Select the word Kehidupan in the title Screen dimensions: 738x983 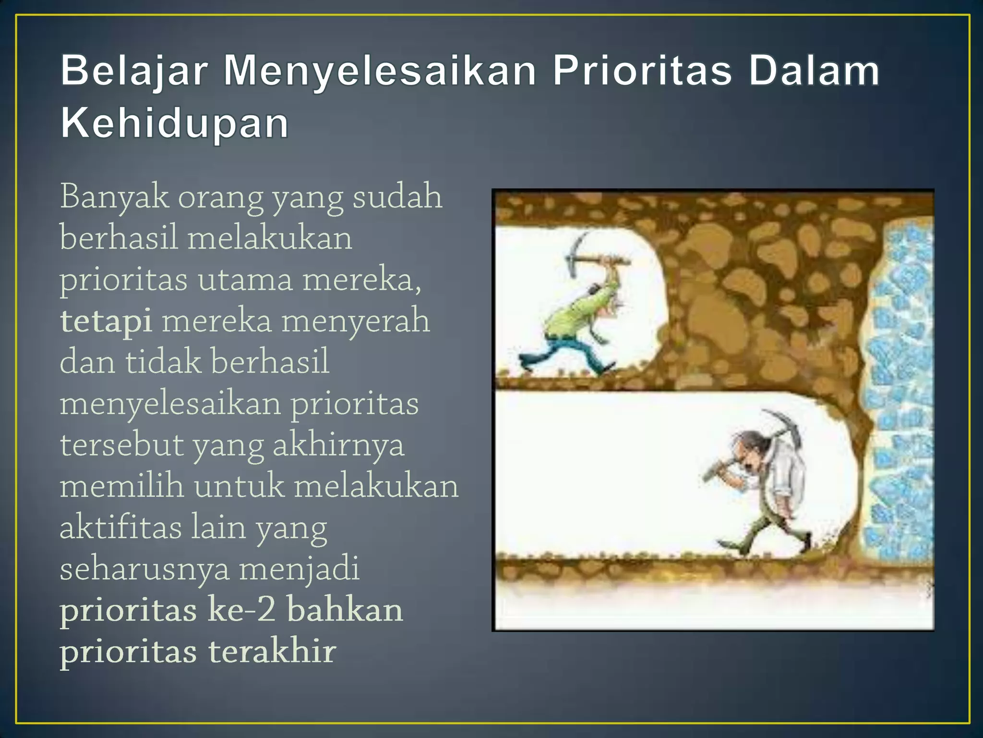click(x=175, y=123)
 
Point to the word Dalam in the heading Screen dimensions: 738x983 click(x=814, y=71)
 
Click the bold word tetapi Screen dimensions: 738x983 click(x=106, y=321)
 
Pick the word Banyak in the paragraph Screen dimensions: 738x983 click(x=114, y=197)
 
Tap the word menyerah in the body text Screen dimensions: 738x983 click(x=355, y=321)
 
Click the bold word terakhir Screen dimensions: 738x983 click(x=272, y=652)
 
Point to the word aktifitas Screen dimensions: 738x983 click(x=120, y=528)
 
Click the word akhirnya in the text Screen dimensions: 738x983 click(x=338, y=445)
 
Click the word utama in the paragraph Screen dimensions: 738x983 click(x=245, y=280)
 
